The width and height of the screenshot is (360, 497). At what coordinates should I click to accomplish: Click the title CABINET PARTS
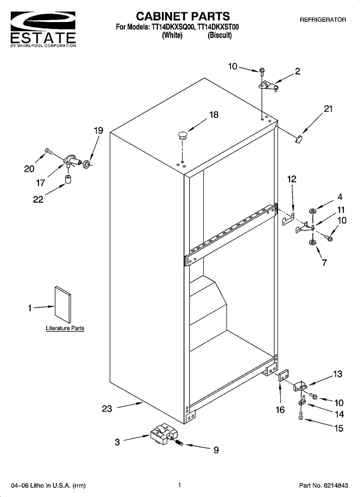click(183, 16)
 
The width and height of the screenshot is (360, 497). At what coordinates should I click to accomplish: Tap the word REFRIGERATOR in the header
click(323, 20)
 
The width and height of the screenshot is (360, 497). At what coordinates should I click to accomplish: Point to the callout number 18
click(214, 115)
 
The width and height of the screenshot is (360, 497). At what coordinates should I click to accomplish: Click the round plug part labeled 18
click(182, 135)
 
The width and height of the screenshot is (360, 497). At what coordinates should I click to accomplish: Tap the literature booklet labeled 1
click(63, 304)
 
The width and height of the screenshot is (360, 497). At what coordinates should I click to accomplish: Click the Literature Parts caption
click(65, 328)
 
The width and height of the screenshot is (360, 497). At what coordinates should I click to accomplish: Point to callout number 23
click(107, 409)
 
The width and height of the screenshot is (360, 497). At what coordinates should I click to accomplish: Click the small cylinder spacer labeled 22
click(68, 179)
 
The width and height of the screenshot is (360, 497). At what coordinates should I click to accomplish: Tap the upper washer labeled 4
click(313, 211)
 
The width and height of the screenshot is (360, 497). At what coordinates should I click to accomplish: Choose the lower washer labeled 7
click(312, 242)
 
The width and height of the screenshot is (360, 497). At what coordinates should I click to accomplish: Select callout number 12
click(292, 179)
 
